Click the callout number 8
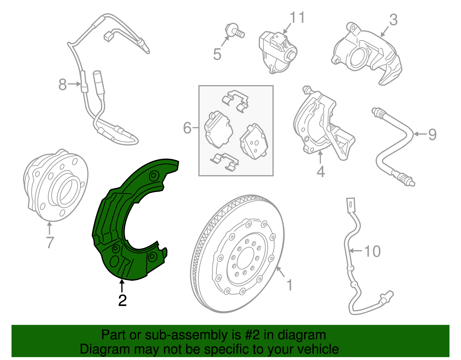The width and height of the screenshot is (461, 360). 62,84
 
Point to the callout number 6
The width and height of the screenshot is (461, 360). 187,128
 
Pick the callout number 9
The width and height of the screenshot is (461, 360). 432,134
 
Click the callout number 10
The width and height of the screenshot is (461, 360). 372,251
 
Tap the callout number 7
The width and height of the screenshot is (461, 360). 50,242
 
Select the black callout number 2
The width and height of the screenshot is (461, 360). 122,300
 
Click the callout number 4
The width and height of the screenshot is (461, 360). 321,171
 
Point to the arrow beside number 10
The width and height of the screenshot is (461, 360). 356,251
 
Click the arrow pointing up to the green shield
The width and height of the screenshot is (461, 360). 122,286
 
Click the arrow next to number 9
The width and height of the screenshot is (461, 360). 420,134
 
